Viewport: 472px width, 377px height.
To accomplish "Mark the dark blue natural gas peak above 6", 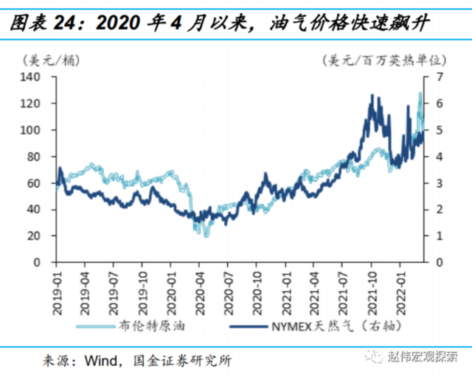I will (372, 96).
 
